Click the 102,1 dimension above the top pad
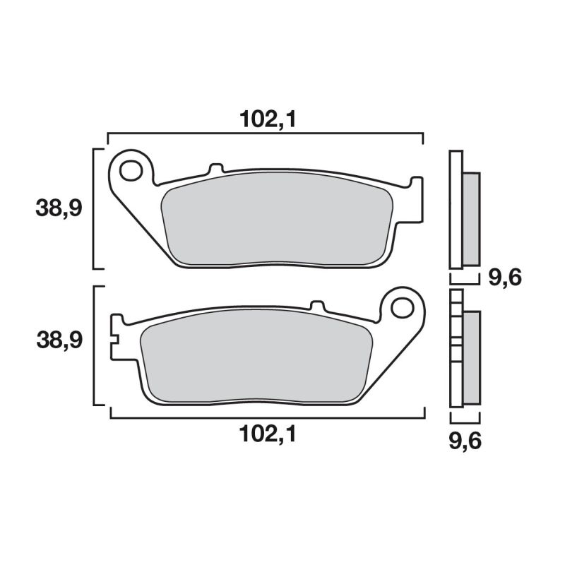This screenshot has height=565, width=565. tap(267, 120)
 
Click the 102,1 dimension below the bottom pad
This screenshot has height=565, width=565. tap(267, 435)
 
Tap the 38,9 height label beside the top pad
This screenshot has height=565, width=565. tap(59, 208)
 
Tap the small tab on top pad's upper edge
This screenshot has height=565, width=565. tap(216, 169)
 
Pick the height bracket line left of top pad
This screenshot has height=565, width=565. tap(95, 208)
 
